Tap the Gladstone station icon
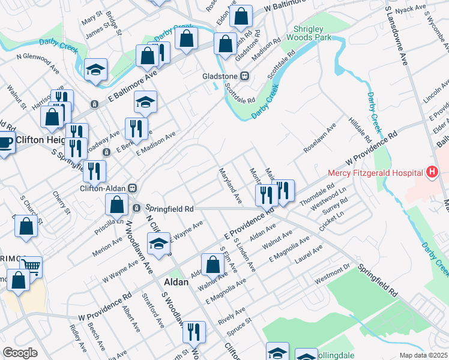244,76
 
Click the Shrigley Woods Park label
312,32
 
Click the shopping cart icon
31,265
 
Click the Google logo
20,353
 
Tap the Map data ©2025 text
423,355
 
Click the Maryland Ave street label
230,185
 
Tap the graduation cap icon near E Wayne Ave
159,244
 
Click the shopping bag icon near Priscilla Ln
117,205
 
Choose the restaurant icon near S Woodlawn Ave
194,331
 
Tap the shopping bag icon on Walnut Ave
212,264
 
